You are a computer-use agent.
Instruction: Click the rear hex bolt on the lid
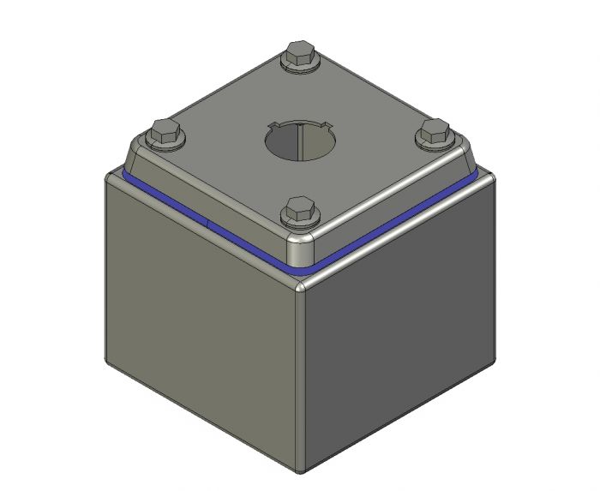[x=299, y=57]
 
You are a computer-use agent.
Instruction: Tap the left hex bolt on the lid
[x=165, y=135]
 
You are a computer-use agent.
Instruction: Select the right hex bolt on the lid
[x=434, y=134]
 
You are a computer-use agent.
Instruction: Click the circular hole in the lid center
[x=299, y=140]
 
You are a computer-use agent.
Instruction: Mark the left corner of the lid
[x=133, y=159]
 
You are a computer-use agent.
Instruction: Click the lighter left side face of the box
[x=201, y=334]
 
